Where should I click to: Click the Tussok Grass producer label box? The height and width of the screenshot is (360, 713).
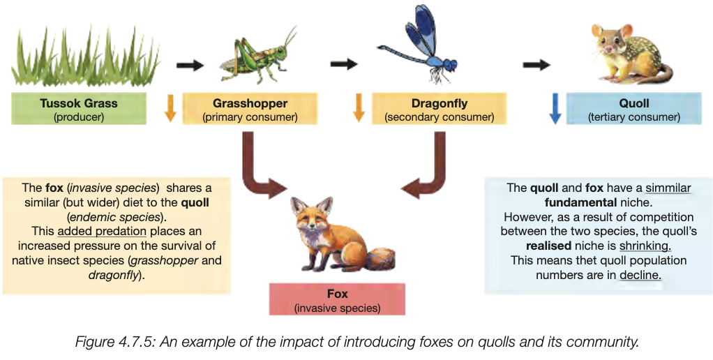79,110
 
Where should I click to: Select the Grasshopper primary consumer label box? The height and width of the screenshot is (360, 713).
250,110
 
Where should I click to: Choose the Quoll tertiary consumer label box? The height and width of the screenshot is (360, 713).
633,110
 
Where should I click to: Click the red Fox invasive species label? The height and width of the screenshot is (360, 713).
337,300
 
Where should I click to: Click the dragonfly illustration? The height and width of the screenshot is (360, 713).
422,45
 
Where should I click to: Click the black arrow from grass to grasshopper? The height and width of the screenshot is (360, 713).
189,65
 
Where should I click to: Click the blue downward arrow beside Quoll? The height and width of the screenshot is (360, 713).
555,110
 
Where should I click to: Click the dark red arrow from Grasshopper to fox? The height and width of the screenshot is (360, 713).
258,171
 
